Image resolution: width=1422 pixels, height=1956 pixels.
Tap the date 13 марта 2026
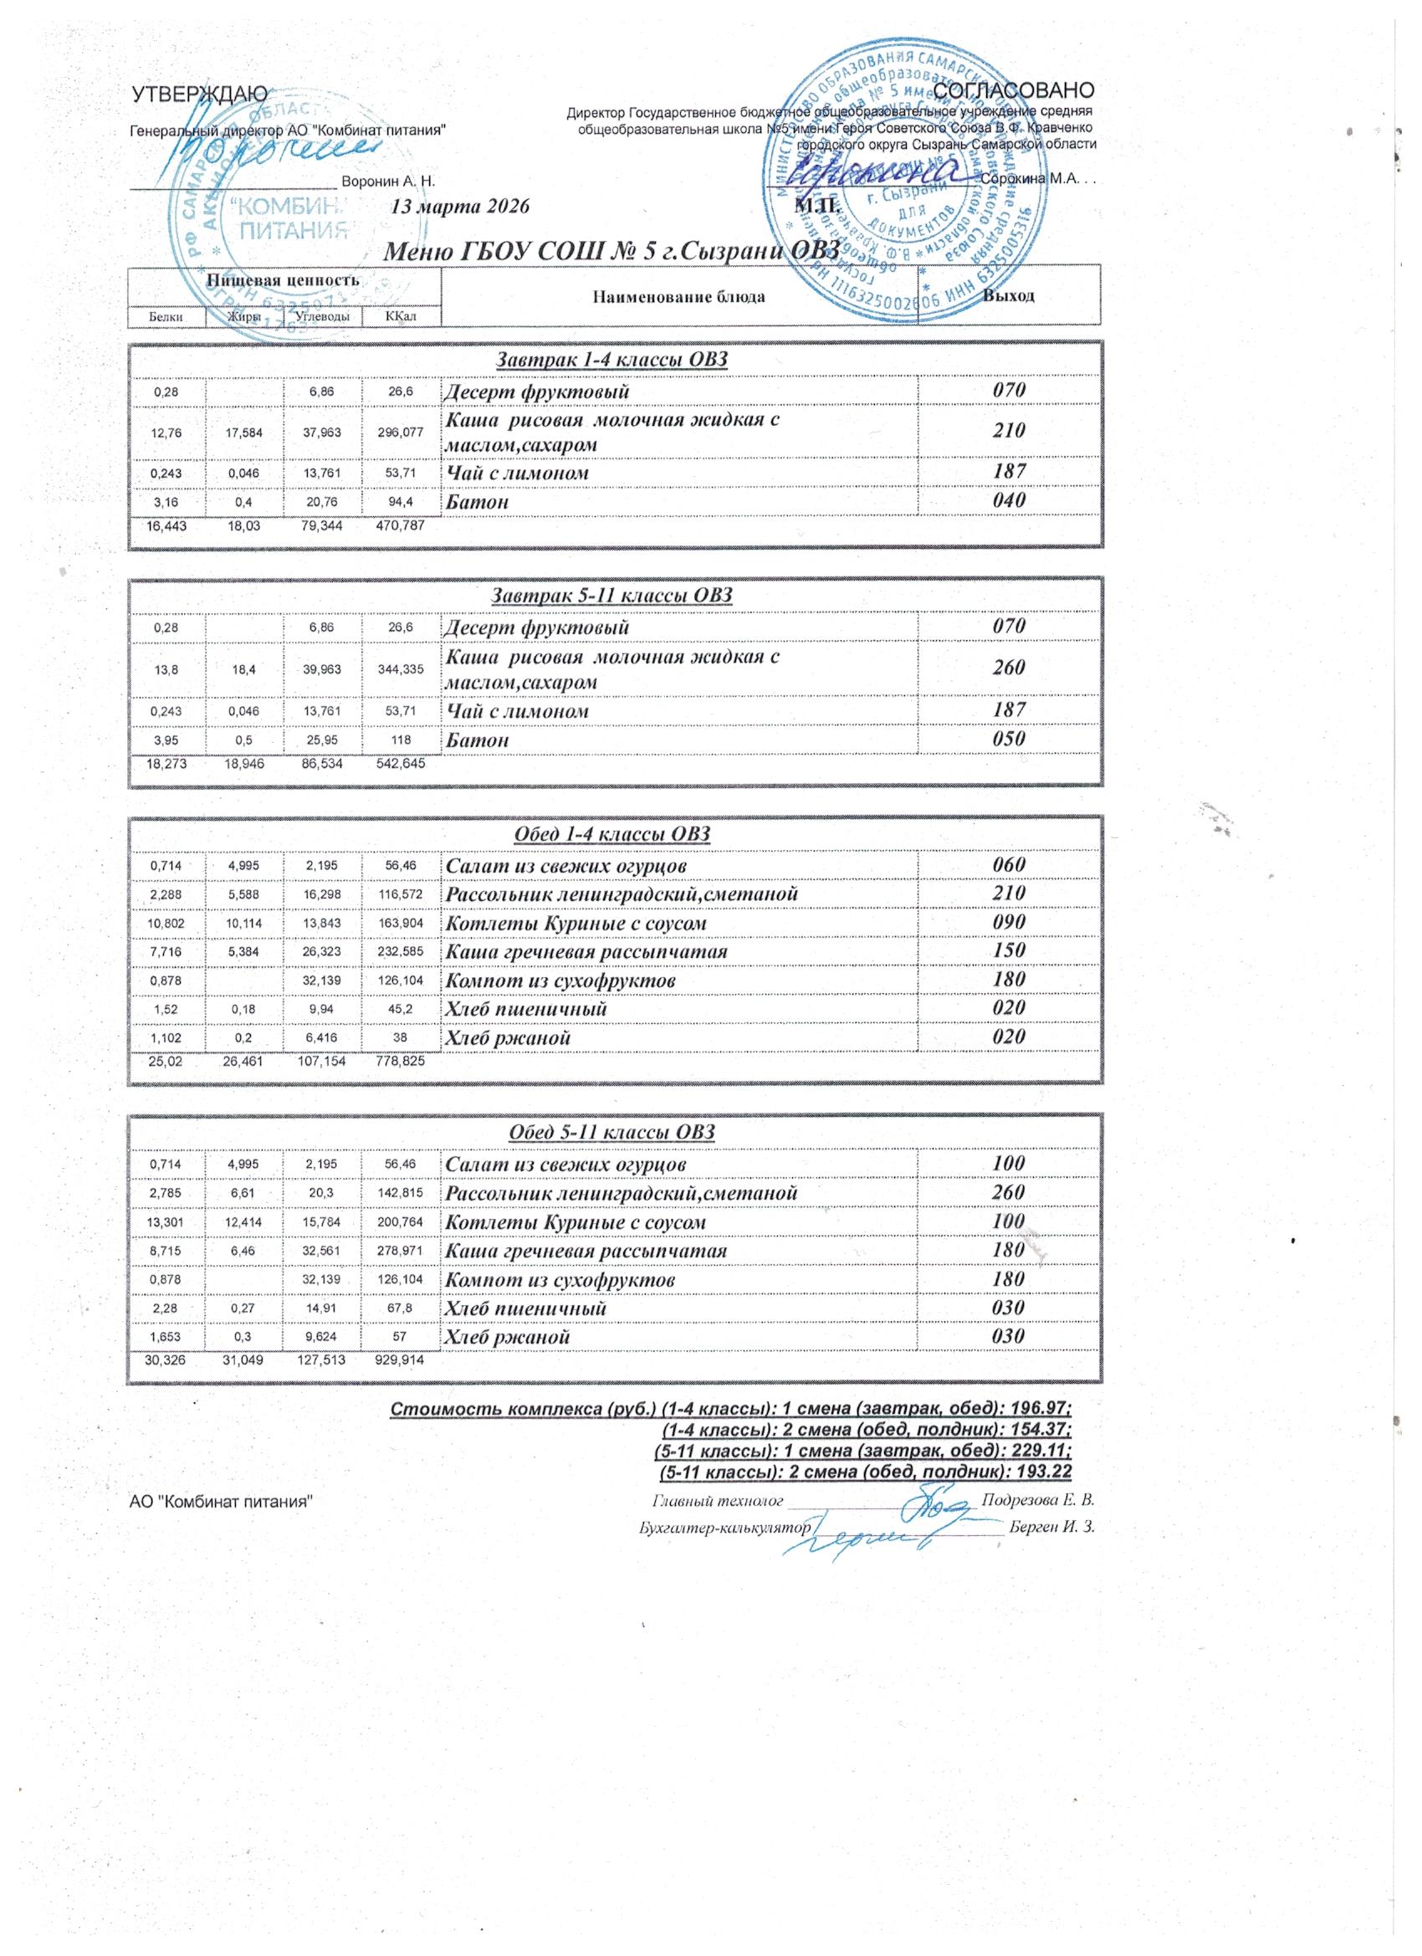(x=458, y=207)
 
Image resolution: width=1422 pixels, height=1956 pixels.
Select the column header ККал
(x=401, y=317)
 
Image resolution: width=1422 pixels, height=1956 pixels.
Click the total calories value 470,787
(x=401, y=525)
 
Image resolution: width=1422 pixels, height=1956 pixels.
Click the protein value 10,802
(x=166, y=924)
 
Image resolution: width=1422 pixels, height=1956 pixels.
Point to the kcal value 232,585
(x=401, y=952)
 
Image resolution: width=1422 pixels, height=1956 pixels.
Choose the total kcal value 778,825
(x=401, y=1061)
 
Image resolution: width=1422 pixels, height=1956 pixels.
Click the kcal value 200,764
(x=401, y=1223)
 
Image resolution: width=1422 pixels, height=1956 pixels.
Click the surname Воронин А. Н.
(x=388, y=182)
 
